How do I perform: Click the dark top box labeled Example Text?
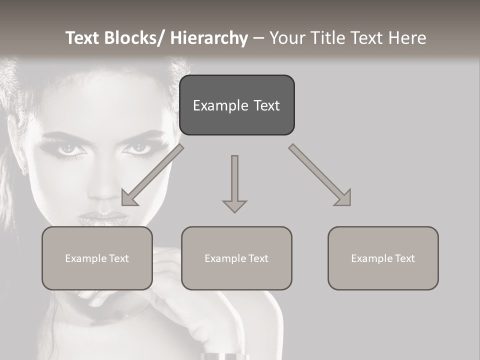[236, 105]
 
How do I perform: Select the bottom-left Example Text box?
[97, 258]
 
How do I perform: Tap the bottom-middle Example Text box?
[236, 258]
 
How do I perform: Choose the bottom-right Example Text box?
[383, 258]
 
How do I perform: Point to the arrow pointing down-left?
[152, 175]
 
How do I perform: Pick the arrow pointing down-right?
[320, 175]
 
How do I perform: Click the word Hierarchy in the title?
[209, 38]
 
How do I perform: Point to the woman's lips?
[103, 218]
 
